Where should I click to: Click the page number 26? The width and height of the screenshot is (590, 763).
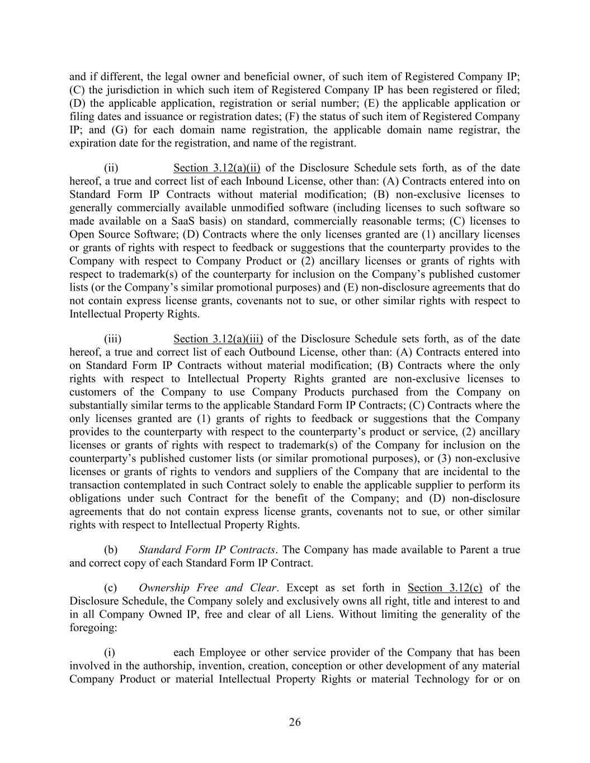pos(295,722)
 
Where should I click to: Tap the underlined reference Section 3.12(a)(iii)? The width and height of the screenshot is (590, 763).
pos(218,339)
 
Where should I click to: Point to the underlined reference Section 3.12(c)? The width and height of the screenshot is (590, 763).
pos(445,587)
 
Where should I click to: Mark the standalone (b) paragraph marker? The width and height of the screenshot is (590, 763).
pos(111,549)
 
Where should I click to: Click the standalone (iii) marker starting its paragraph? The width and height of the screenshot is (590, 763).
pos(112,339)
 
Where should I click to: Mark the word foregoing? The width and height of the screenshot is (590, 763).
pos(92,628)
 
